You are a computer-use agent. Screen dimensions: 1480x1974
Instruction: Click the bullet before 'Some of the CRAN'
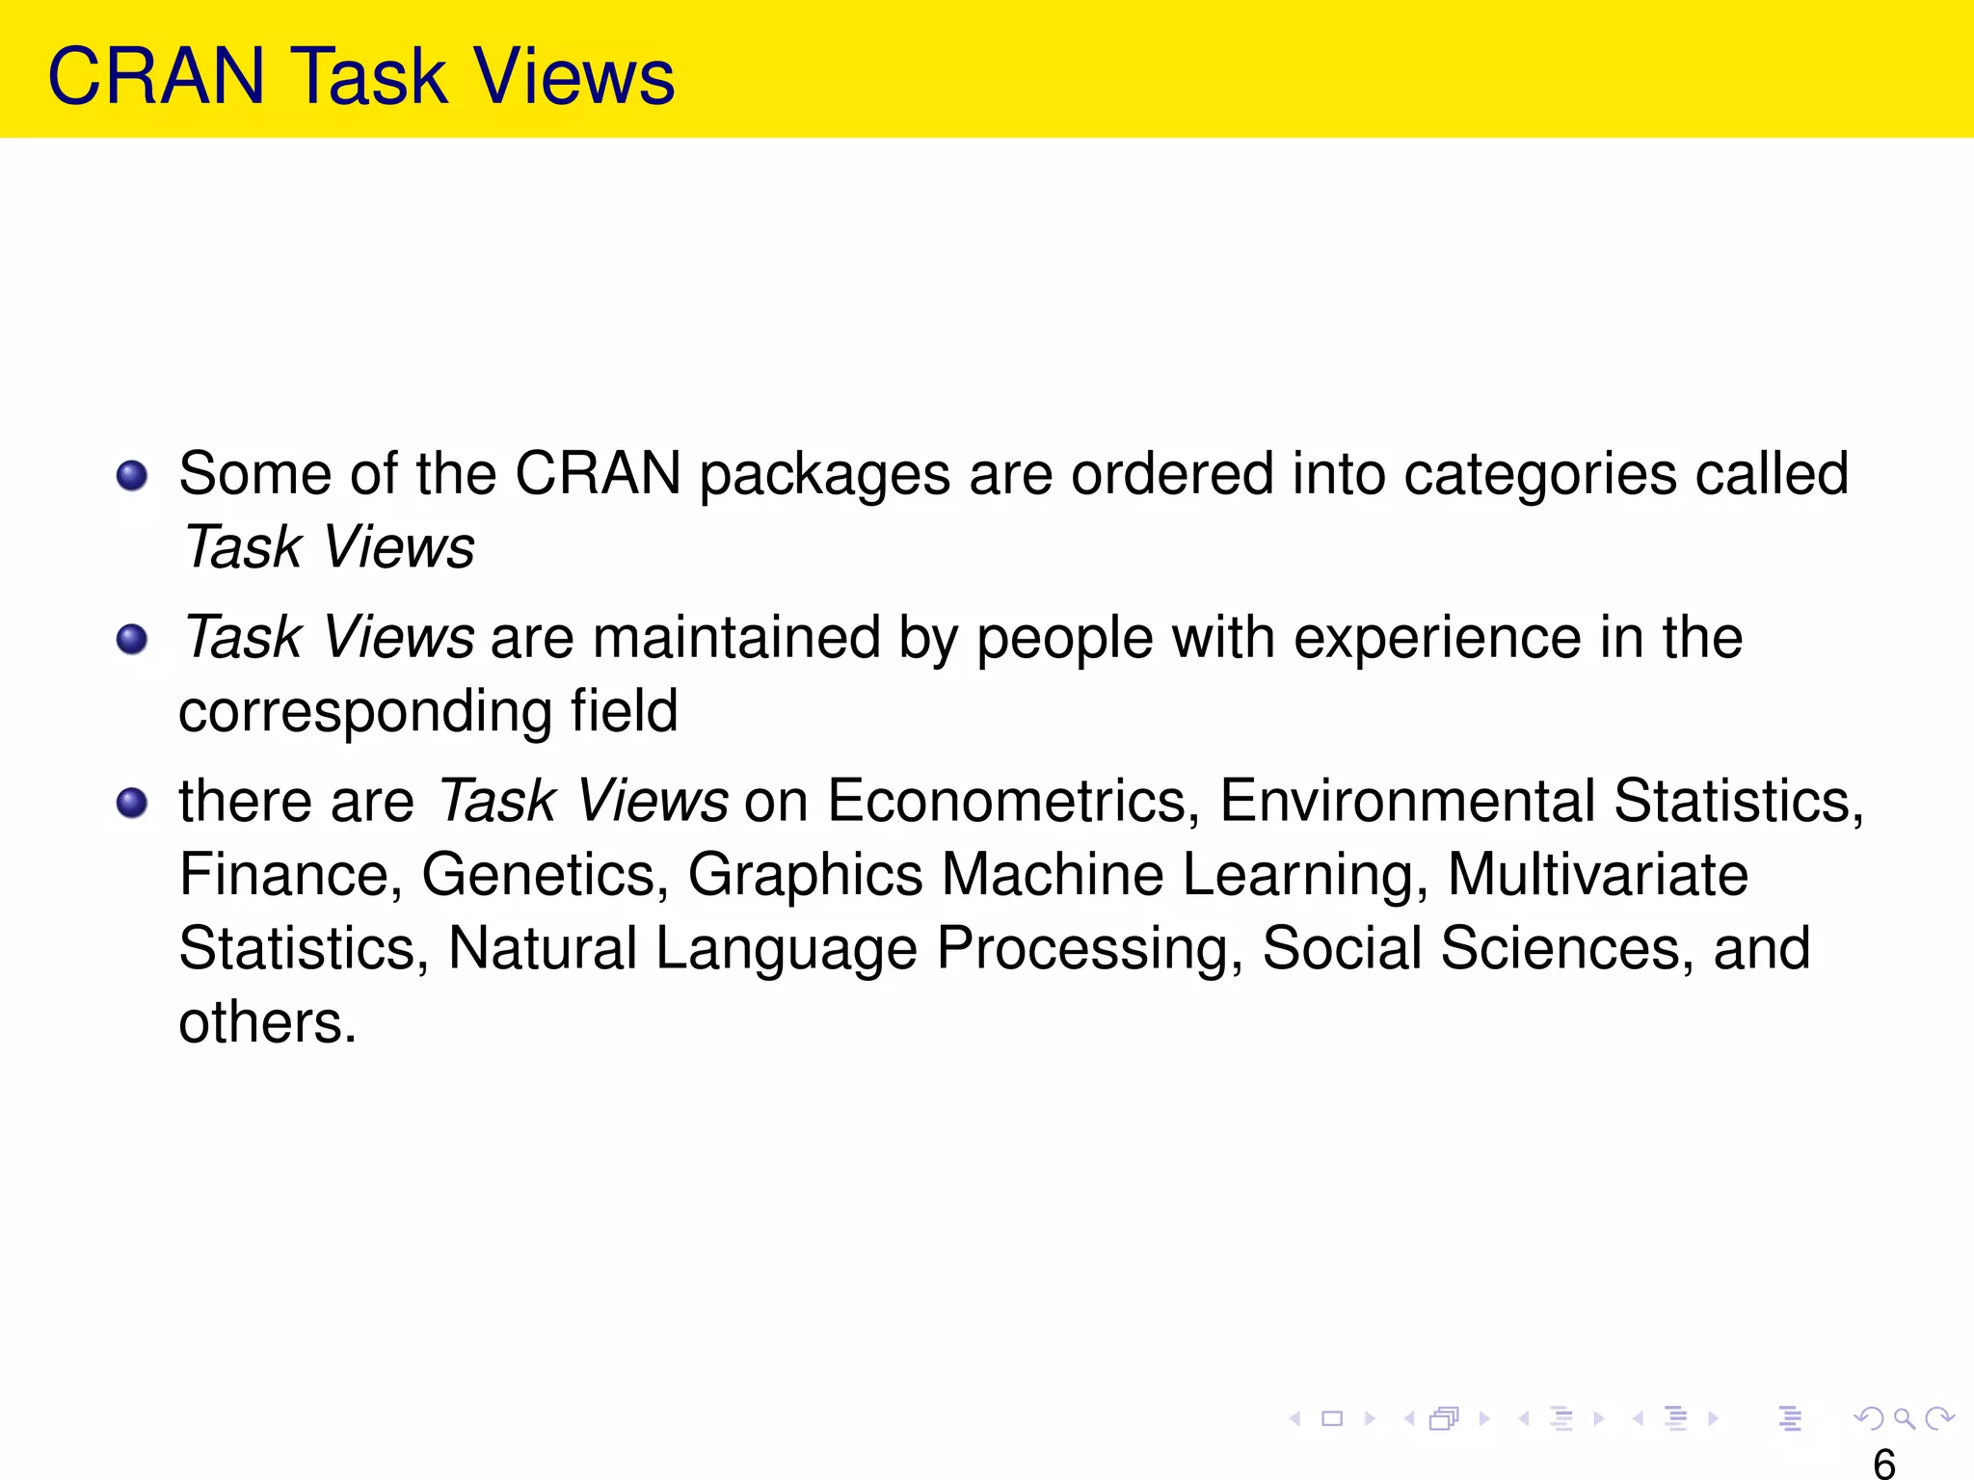click(x=132, y=476)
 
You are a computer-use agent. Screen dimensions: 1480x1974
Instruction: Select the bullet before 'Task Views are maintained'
click(x=132, y=640)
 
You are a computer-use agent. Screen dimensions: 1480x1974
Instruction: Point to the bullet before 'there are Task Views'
click(x=132, y=803)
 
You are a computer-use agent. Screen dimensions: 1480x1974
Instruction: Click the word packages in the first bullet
click(x=824, y=475)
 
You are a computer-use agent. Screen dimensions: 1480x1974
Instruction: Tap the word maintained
click(x=736, y=638)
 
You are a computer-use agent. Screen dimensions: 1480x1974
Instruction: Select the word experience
click(x=1437, y=638)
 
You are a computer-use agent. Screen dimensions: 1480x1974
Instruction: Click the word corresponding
click(x=365, y=713)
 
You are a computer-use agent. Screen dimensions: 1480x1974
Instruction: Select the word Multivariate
click(x=1597, y=875)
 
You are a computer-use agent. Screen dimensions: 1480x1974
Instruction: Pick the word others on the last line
click(x=267, y=1022)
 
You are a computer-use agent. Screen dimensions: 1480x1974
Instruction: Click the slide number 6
click(x=1884, y=1464)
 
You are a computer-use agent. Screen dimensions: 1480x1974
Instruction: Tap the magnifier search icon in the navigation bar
click(x=1904, y=1418)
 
